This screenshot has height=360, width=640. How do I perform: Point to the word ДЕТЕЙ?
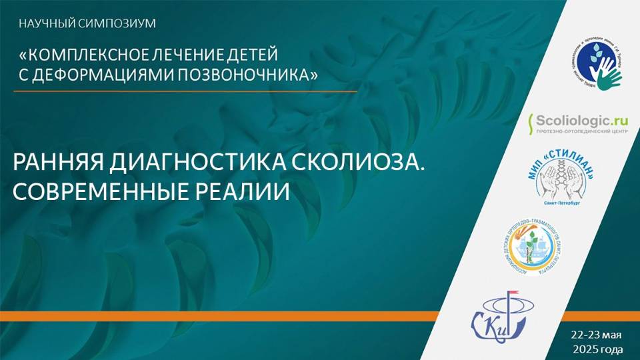253,53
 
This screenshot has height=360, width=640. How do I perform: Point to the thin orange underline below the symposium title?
187,90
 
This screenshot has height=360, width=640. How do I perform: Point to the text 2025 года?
598,349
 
